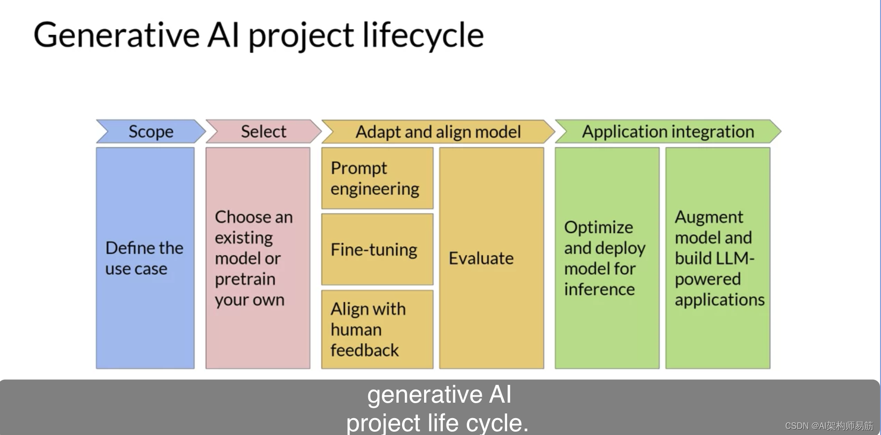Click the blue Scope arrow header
[x=151, y=132]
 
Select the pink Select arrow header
[x=263, y=132]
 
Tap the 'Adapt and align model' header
[x=438, y=132]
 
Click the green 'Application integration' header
[x=668, y=132]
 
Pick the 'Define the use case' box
[x=145, y=258]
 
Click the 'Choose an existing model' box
[x=258, y=258]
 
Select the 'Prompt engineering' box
[x=377, y=178]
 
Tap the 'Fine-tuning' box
[x=377, y=249]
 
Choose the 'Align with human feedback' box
[x=377, y=329]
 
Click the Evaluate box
[x=491, y=258]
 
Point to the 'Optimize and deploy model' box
[x=607, y=258]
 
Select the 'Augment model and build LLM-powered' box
[x=718, y=258]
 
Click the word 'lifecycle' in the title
[x=423, y=36]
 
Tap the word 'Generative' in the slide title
[x=116, y=36]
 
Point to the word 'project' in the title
[x=301, y=36]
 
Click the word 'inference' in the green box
[x=599, y=289]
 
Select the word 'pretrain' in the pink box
[x=245, y=279]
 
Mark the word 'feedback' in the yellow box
[x=365, y=350]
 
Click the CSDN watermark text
[x=828, y=426]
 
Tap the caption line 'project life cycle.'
[x=437, y=422]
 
